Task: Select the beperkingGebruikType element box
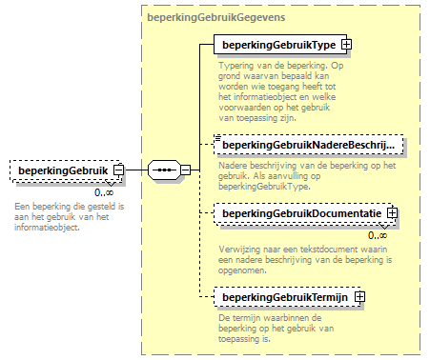tap(277, 45)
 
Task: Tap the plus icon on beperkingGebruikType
tap(347, 45)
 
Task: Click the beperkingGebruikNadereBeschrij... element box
tap(307, 146)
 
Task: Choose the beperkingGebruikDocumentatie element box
tap(298, 214)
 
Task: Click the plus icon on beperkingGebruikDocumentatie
tap(392, 214)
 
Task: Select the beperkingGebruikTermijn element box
tap(282, 298)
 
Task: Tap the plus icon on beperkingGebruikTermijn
tap(359, 298)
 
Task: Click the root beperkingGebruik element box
tap(61, 171)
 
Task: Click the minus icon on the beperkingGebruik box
tap(118, 171)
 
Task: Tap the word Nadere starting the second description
tap(228, 165)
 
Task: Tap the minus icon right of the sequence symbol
tap(186, 171)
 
